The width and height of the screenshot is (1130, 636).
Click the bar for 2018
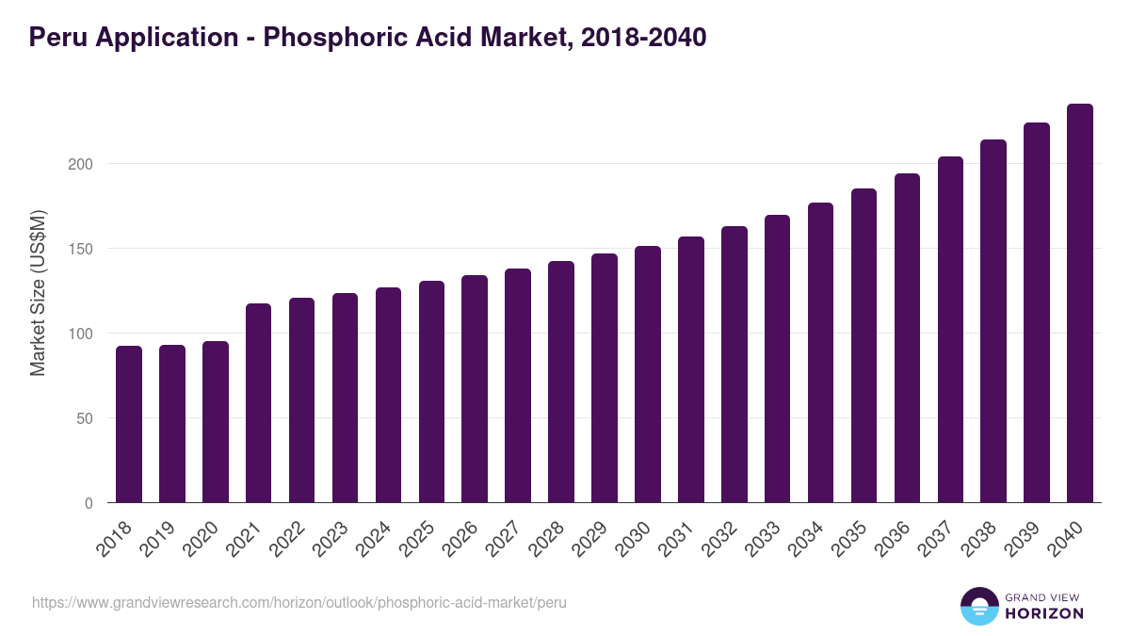(x=129, y=424)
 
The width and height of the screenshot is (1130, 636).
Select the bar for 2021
(x=259, y=403)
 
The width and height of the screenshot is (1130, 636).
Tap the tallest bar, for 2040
(x=1080, y=303)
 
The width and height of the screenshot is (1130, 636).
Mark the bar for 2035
(x=864, y=346)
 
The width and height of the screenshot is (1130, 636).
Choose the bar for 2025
(x=431, y=392)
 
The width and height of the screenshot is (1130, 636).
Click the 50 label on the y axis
(x=86, y=418)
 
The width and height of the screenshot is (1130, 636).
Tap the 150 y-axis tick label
(x=82, y=249)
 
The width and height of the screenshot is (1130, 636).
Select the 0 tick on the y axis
(x=89, y=503)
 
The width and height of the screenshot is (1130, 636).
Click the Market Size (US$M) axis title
(x=38, y=292)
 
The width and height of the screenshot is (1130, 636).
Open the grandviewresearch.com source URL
(x=299, y=602)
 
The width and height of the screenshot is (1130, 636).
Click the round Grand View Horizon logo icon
(x=978, y=607)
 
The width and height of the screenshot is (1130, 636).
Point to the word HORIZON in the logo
(x=1044, y=613)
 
